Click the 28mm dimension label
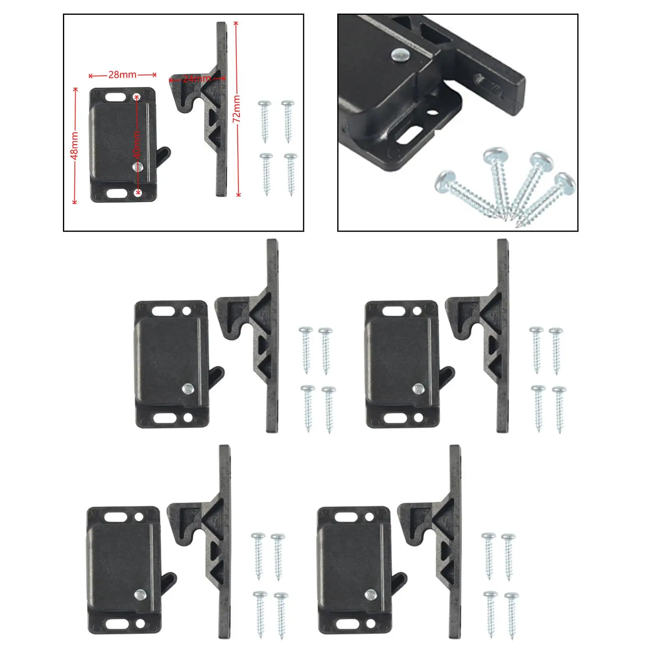[122, 75]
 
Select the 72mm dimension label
[237, 109]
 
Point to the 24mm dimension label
[197, 79]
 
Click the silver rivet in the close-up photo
[401, 54]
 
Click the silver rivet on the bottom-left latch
[141, 594]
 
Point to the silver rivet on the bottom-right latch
[371, 594]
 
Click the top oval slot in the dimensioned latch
[116, 97]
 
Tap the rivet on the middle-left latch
[188, 388]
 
